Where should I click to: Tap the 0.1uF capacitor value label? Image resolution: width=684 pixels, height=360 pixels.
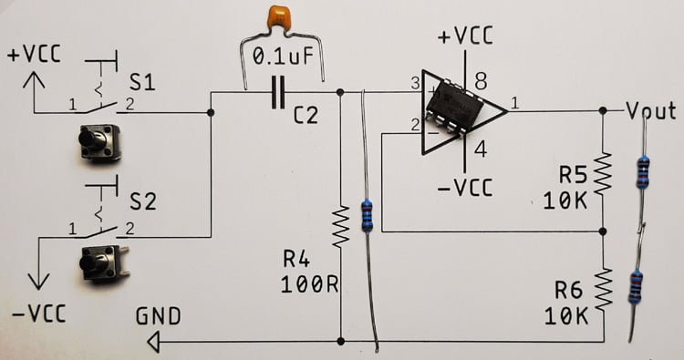[x=283, y=58]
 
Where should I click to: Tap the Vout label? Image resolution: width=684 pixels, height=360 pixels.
[x=651, y=110]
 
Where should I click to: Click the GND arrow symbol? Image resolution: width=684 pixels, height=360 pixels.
[x=153, y=342]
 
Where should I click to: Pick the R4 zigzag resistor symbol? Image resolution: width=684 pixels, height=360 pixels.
[x=340, y=228]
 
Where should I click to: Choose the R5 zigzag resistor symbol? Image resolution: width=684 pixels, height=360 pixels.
[x=602, y=174]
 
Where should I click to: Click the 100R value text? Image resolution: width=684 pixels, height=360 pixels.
[x=310, y=283]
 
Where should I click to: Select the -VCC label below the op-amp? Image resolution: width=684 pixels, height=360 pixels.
[x=465, y=188]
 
